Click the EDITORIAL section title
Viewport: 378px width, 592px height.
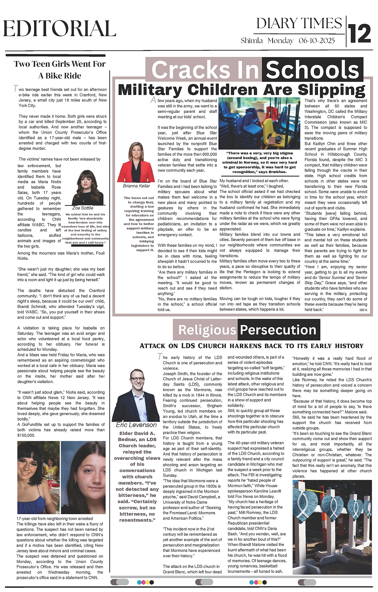pos(60,29)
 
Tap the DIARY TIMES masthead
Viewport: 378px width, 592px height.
pos(299,24)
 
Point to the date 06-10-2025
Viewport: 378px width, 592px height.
pos(317,41)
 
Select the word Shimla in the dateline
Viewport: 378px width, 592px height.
pos(252,41)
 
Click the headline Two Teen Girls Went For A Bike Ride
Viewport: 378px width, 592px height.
pos(60,70)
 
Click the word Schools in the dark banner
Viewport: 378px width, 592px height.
pos(312,70)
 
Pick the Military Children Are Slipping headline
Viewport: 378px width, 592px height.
pos(241,90)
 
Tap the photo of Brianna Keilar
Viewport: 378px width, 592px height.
pos(136,162)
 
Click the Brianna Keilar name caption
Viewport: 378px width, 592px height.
pos(136,186)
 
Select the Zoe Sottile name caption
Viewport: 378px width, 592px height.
pos(83,208)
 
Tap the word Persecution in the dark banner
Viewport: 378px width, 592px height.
pos(278,330)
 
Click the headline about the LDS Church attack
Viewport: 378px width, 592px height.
pos(251,346)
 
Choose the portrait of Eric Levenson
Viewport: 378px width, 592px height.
pos(136,394)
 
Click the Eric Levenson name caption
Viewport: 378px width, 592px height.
pos(136,425)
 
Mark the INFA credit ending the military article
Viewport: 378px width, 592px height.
pos(363,310)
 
